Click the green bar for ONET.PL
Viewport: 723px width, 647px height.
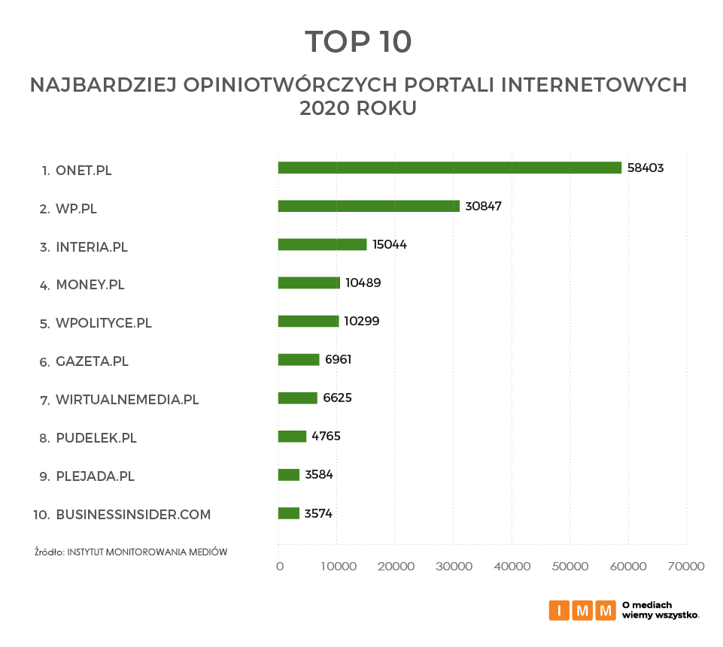(449, 168)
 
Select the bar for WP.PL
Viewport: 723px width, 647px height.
(369, 206)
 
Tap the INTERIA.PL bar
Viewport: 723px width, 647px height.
(322, 244)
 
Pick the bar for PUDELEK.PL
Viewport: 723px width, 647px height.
(292, 437)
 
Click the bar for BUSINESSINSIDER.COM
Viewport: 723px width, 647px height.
(289, 513)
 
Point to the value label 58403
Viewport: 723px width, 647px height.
(646, 168)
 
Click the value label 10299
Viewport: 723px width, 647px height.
(362, 321)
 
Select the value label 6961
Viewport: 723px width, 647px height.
(339, 359)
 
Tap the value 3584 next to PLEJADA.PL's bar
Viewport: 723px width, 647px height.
(319, 475)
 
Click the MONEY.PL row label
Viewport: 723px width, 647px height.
(90, 285)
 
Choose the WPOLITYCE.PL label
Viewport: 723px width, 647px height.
(104, 323)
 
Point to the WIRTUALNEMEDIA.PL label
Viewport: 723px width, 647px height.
(127, 400)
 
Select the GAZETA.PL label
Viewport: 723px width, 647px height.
(92, 361)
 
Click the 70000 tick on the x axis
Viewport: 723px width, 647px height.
(687, 567)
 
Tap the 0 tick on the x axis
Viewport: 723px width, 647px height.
(280, 567)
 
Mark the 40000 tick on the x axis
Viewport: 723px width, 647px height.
(512, 567)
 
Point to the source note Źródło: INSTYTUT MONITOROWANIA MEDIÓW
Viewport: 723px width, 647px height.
(131, 552)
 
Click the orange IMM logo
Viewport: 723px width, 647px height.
(582, 610)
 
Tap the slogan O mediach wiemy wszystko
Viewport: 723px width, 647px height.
(660, 610)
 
